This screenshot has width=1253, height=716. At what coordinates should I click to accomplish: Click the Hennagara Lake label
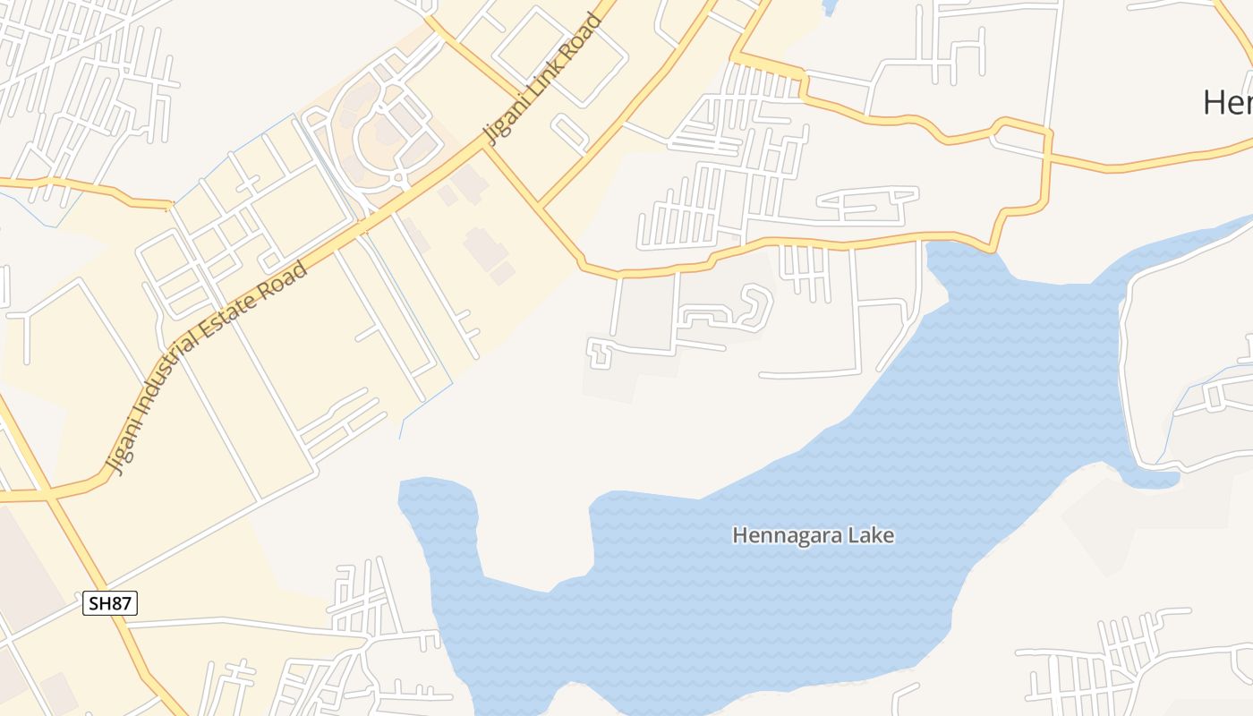coord(813,535)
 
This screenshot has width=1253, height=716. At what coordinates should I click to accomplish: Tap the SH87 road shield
coord(111,603)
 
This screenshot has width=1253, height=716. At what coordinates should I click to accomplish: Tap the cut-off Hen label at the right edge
coord(1227,102)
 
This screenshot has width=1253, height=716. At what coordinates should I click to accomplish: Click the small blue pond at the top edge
coord(829,7)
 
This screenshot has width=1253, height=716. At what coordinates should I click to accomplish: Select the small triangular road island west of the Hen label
coord(1020,136)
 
